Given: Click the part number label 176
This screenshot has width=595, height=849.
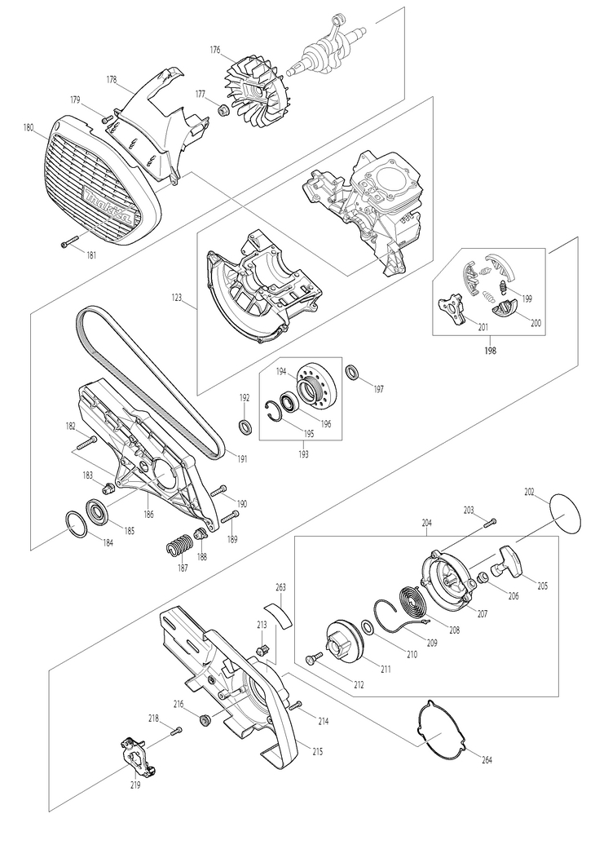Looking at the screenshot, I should pos(215,50).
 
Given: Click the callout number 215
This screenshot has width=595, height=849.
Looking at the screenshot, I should pos(317,750).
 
